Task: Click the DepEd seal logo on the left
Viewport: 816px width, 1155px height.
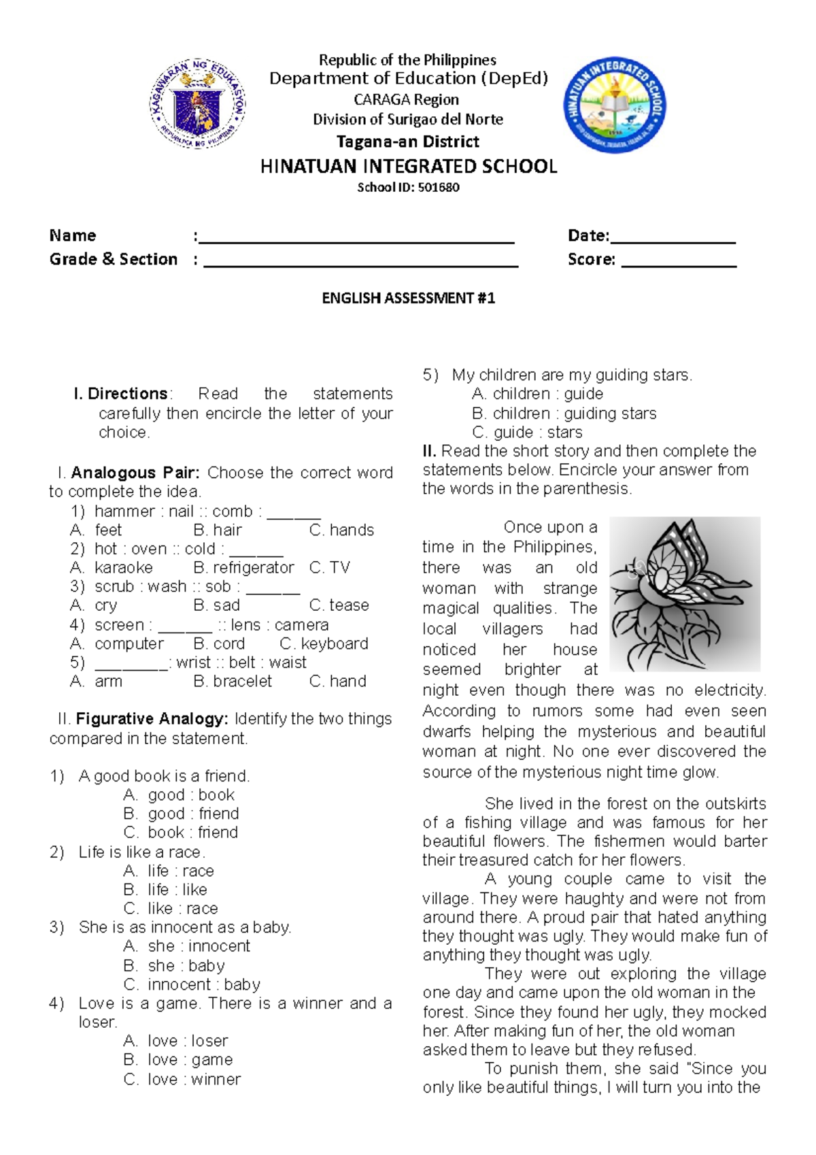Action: (197, 103)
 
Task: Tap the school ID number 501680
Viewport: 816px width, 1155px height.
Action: (439, 187)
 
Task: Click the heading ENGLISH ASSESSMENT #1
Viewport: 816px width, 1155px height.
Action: (408, 298)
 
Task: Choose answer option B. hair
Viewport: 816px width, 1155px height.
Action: (218, 530)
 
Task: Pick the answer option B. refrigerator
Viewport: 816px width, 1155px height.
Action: (243, 567)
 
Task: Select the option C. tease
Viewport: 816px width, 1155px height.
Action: (339, 605)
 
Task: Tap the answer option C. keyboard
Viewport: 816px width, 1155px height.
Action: (324, 643)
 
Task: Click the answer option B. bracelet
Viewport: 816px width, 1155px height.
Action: (233, 681)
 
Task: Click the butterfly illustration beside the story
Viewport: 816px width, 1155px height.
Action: (684, 594)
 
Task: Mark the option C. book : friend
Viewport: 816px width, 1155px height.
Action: (181, 832)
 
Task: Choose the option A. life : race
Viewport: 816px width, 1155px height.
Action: (169, 871)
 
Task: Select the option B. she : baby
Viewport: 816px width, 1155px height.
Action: (174, 965)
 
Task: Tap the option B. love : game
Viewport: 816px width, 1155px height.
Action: (178, 1060)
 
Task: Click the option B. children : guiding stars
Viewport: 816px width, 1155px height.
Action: (564, 414)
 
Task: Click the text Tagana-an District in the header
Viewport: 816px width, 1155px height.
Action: (408, 141)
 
